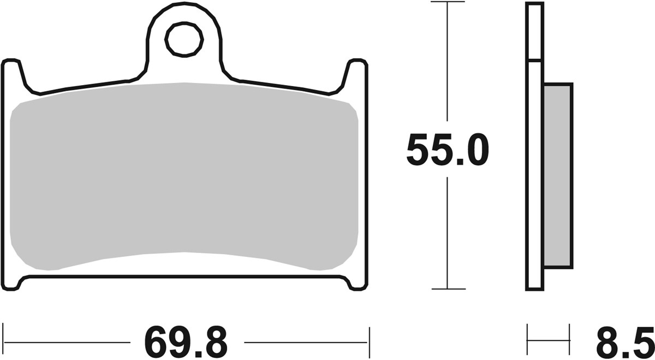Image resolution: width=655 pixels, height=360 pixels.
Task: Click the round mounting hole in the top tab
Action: [184, 39]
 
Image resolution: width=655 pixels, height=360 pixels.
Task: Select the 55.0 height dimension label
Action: [447, 151]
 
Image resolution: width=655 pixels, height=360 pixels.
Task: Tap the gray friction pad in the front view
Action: [184, 175]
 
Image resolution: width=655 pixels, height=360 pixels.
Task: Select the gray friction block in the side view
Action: [557, 175]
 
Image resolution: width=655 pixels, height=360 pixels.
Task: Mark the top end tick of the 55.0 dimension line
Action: [448, 2]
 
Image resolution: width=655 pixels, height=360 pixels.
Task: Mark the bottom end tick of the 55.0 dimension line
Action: [448, 289]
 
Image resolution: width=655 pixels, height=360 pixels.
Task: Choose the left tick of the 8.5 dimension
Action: [527, 339]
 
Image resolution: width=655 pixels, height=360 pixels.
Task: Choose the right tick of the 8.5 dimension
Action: [569, 339]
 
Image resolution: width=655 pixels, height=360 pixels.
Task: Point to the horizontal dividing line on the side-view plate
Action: [534, 59]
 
